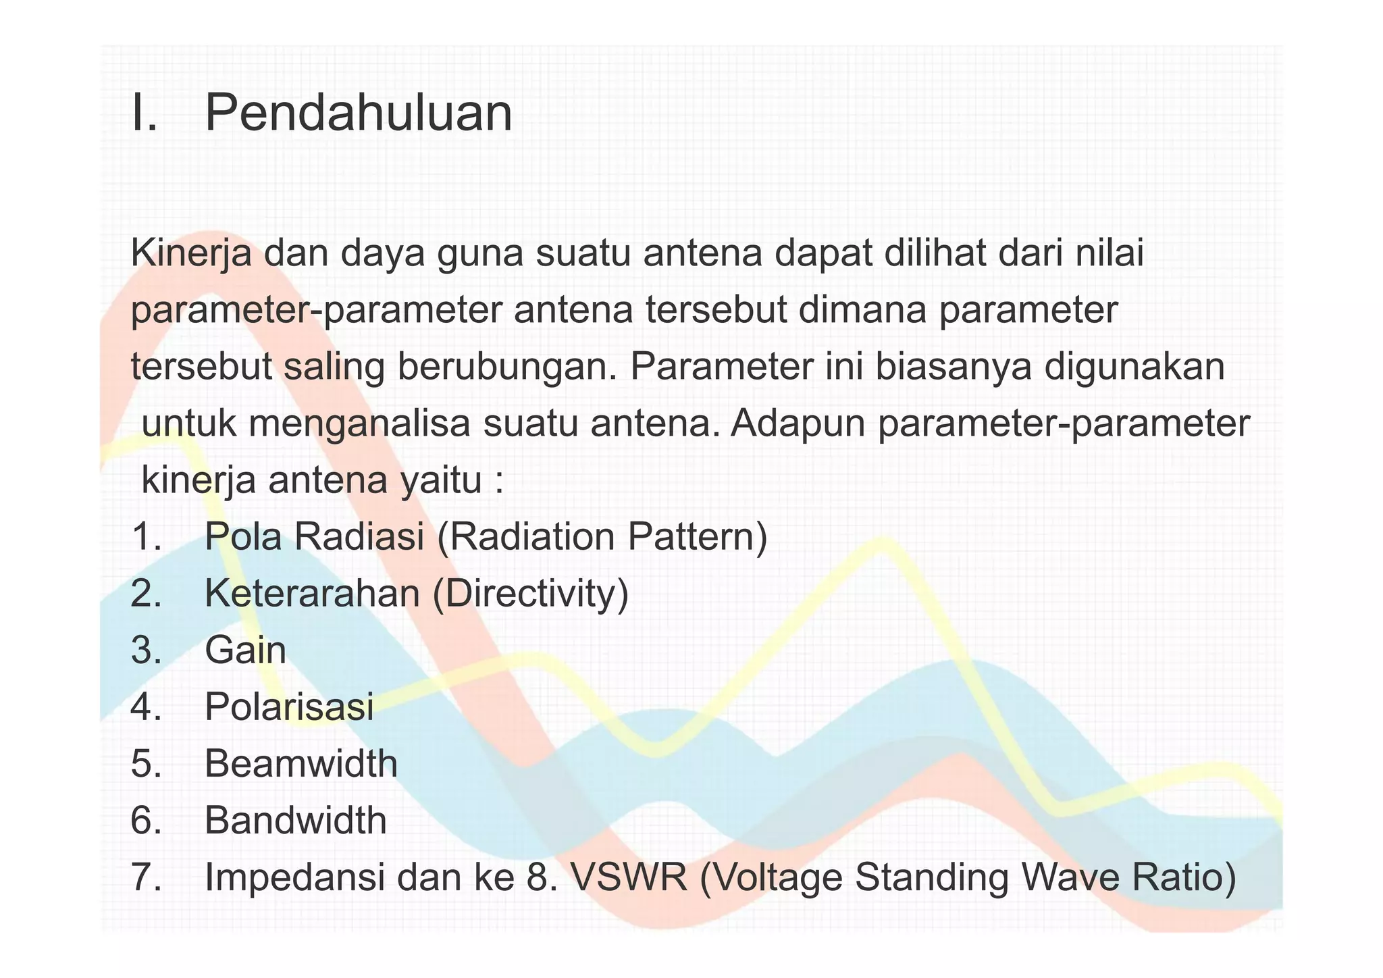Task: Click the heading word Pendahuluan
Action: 358,113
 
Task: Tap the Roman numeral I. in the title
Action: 145,113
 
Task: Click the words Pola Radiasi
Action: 315,538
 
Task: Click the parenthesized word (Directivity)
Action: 531,594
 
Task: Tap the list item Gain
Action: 246,651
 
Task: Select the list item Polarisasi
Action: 289,708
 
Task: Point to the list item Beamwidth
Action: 301,765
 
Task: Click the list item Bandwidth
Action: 296,821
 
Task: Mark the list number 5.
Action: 146,765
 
